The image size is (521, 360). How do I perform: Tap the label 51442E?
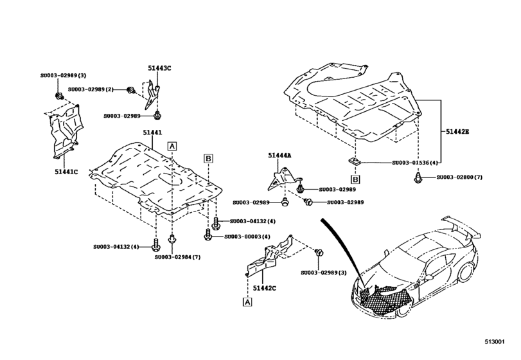point(457,132)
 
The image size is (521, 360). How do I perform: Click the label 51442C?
point(265,289)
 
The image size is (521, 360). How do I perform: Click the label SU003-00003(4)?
point(248,237)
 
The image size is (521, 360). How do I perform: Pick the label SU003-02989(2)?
point(91,89)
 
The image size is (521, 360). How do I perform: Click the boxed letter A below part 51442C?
point(247,301)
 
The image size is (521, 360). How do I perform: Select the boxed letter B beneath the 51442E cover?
point(355,179)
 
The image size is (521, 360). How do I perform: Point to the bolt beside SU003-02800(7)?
point(419,177)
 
